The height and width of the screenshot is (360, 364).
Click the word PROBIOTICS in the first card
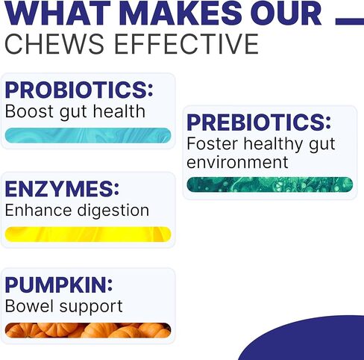click(77, 90)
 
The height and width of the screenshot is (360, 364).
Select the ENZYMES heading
click(60, 189)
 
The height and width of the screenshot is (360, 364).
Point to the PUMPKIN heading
click(57, 285)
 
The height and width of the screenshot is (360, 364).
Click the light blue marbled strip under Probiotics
click(88, 135)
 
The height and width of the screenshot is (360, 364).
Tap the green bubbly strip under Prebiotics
click(270, 184)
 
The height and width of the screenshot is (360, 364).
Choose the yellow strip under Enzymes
click(88, 235)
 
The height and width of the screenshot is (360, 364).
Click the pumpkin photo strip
click(88, 330)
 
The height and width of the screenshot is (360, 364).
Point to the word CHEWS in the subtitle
click(54, 44)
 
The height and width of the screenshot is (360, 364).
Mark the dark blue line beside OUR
click(350, 22)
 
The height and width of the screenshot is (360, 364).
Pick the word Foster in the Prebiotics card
click(213, 144)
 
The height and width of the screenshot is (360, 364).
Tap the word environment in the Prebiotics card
click(237, 162)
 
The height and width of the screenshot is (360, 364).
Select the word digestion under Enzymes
click(113, 211)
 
